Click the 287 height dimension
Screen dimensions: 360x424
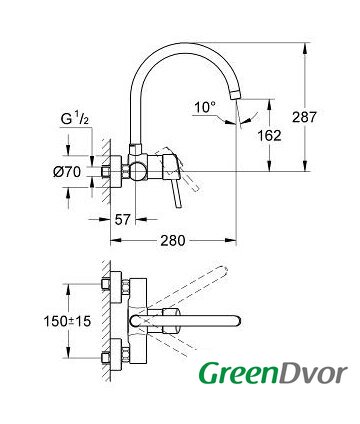(x=304, y=117)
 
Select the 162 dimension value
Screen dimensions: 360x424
(x=269, y=135)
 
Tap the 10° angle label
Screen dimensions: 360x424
(x=205, y=107)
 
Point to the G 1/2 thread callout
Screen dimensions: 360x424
(x=75, y=118)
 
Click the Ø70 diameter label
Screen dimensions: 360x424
(x=67, y=172)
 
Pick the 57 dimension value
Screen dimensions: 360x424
(x=122, y=219)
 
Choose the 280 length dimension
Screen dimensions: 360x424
(x=173, y=240)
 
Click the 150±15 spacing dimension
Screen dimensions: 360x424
(x=67, y=321)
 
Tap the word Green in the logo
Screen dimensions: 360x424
(x=238, y=373)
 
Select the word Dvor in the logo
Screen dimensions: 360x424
(x=313, y=373)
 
